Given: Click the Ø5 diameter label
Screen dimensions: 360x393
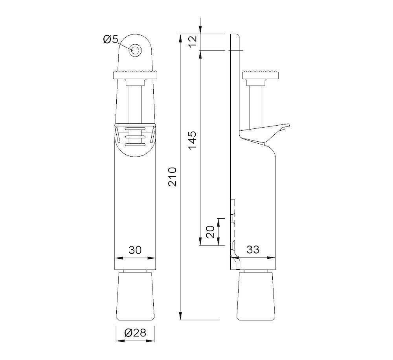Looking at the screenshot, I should [110, 39].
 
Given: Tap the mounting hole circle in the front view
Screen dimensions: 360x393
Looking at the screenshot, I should [136, 50].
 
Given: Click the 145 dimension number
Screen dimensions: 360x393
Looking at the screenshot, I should [192, 140].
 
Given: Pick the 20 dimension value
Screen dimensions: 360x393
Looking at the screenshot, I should [210, 232].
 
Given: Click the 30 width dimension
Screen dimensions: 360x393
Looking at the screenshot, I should [135, 250].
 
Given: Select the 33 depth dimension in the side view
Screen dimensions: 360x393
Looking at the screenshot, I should [253, 250].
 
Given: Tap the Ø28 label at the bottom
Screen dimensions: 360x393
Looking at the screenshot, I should [135, 333].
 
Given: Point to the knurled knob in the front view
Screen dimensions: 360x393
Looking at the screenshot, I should [136, 74].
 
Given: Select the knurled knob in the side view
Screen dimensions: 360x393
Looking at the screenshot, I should [261, 74].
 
